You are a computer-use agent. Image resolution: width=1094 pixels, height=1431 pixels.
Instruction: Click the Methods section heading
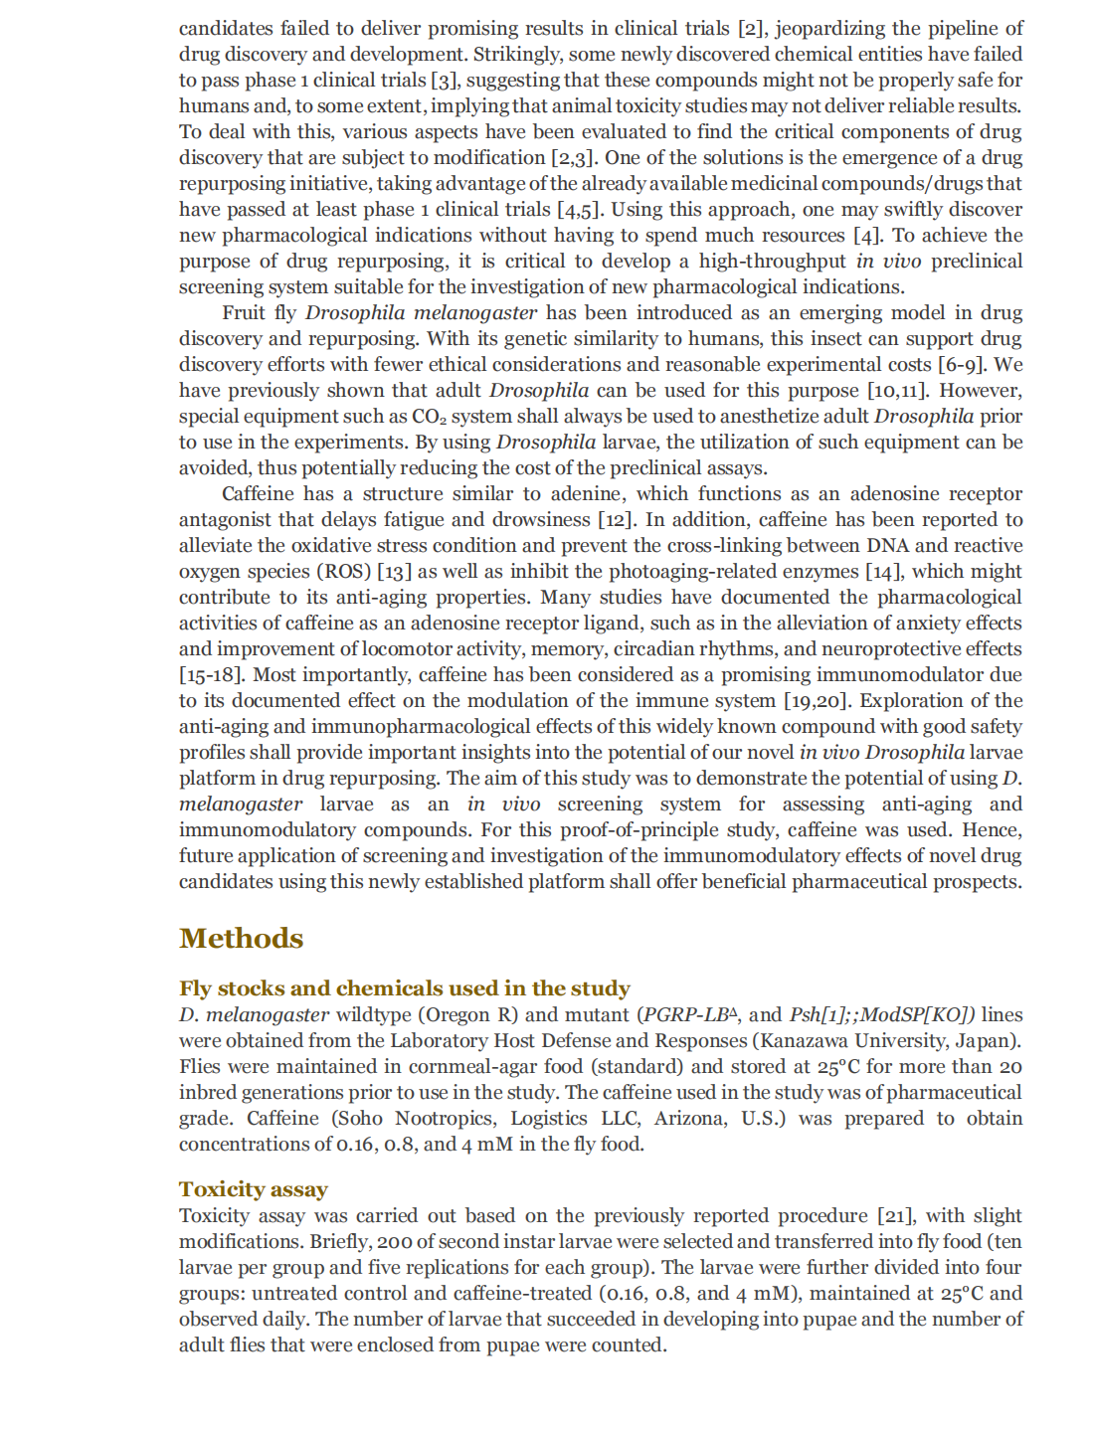coord(241,938)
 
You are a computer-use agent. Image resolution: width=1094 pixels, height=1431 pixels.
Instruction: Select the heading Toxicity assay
coord(253,1189)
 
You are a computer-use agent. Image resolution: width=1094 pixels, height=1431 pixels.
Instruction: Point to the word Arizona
coord(690,1119)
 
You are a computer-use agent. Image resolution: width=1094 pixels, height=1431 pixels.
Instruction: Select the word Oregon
coord(459,1015)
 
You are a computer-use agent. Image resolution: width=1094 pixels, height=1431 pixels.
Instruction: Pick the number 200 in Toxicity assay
coord(394,1242)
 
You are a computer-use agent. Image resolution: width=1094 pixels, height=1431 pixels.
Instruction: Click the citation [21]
coord(895,1216)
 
